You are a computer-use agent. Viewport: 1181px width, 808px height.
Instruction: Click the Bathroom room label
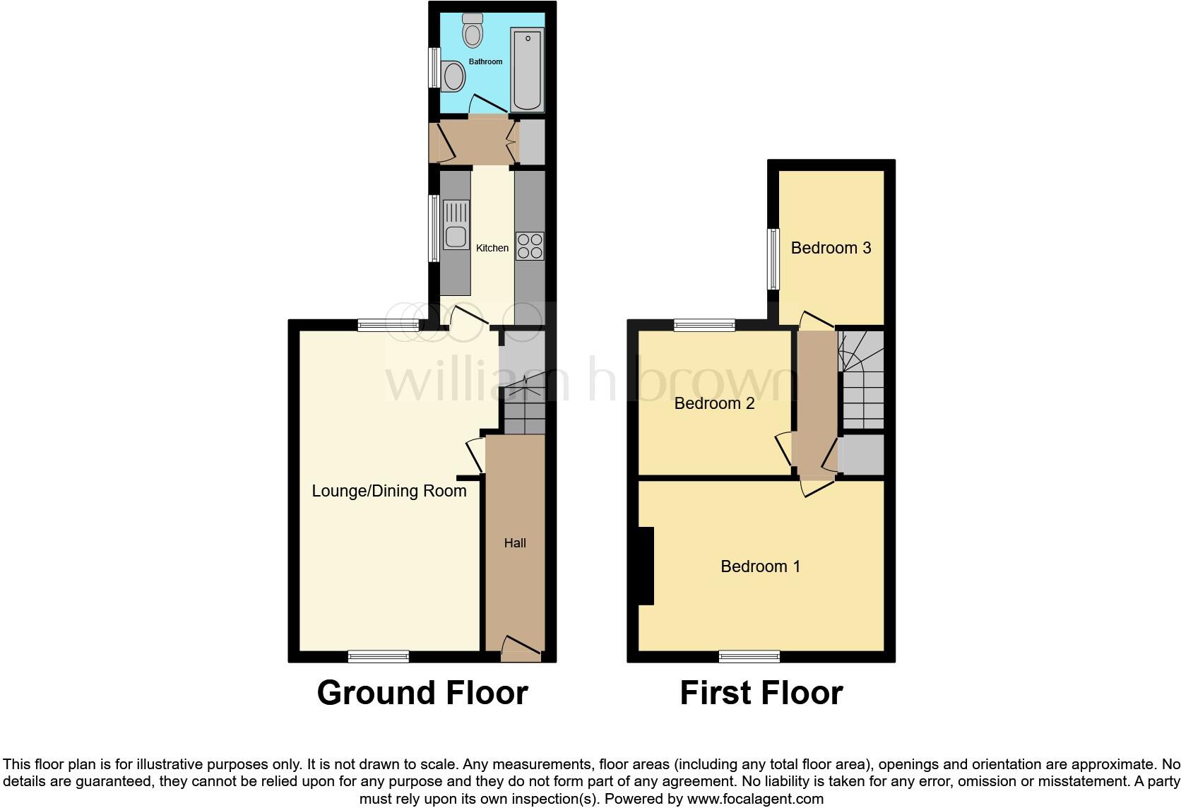(486, 62)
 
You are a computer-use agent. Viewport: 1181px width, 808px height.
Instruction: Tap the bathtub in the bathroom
(527, 69)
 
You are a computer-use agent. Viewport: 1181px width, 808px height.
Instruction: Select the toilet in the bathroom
(472, 29)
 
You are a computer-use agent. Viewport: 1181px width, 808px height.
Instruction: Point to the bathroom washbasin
(453, 76)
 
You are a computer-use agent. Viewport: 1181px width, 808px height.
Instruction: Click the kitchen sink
(456, 225)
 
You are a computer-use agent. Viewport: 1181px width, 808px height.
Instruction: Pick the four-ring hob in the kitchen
(530, 246)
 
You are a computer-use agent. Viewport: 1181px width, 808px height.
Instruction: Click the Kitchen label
(492, 248)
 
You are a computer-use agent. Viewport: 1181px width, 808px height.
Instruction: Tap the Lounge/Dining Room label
(389, 491)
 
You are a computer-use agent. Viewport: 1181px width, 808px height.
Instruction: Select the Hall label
(515, 543)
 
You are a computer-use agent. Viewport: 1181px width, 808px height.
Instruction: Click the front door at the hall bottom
(521, 648)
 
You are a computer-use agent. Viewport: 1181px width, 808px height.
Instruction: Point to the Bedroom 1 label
(760, 566)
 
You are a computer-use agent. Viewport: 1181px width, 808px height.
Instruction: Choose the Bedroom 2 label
(714, 403)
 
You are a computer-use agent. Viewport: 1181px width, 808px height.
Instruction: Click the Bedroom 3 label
(831, 248)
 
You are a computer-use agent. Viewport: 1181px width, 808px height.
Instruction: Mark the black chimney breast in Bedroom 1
(646, 566)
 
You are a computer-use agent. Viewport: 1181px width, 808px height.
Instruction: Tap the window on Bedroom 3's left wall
(773, 259)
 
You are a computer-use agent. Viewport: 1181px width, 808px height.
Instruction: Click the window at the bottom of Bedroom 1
(749, 656)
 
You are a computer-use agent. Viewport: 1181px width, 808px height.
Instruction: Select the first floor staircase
(862, 380)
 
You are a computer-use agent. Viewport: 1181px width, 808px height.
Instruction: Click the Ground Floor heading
(422, 693)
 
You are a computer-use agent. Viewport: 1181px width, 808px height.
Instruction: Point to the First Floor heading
(761, 693)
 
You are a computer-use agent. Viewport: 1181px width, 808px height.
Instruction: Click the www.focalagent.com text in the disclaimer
(754, 800)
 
